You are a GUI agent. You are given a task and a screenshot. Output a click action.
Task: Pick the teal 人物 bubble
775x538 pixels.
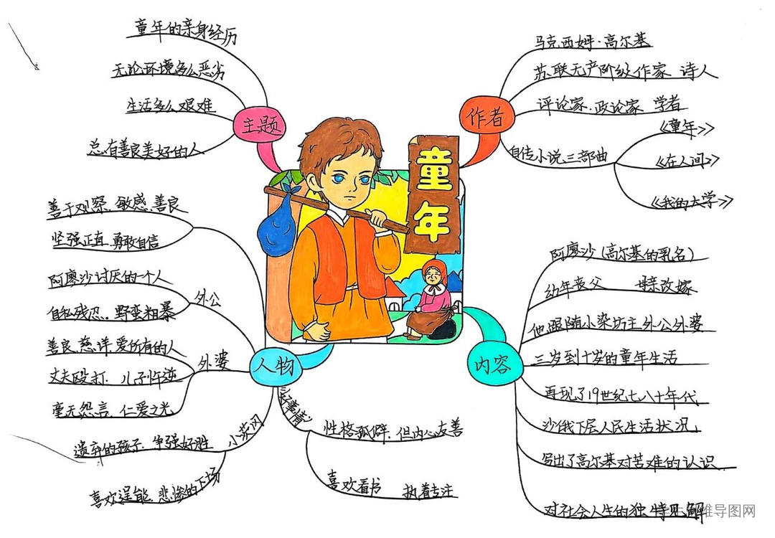tap(273, 367)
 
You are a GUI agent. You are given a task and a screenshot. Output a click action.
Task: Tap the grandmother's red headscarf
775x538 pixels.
tap(433, 270)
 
